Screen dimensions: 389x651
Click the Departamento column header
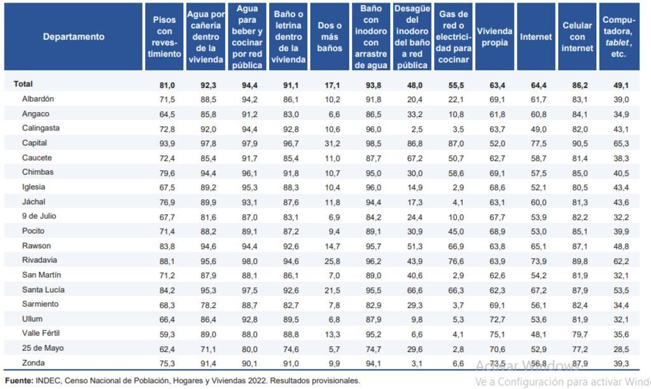click(x=74, y=37)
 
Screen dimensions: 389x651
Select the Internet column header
click(x=536, y=37)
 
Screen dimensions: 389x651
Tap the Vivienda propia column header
click(x=494, y=37)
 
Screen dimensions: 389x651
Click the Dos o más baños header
click(x=330, y=37)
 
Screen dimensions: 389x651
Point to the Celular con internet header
click(x=577, y=37)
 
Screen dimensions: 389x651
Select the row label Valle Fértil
click(x=43, y=333)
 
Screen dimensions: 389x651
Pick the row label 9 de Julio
click(x=39, y=216)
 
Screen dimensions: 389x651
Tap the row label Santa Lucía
click(x=43, y=290)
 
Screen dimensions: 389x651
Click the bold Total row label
click(x=23, y=84)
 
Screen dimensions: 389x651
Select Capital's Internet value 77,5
click(x=536, y=143)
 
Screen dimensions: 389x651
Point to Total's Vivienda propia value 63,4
click(x=494, y=85)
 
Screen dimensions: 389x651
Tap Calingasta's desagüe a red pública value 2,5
click(x=414, y=129)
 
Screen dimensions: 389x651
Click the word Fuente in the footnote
click(x=18, y=381)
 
